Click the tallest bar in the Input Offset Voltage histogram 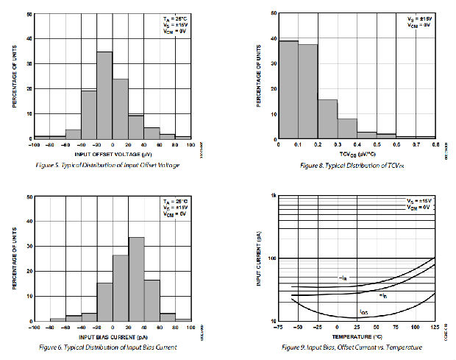click(104, 95)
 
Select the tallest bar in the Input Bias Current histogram click(136, 279)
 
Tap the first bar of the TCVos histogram click(288, 89)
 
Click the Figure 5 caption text click(107, 165)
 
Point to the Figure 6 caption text click(107, 346)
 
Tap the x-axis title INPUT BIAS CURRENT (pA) click(112, 335)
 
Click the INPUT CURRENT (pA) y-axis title click(258, 260)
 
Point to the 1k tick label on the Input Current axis click(272, 197)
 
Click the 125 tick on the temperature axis click(435, 326)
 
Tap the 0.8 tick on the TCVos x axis click(435, 145)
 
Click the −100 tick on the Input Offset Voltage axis click(33, 145)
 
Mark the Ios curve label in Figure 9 click(363, 311)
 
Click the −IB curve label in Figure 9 click(342, 278)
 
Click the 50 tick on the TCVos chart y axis click(273, 13)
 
